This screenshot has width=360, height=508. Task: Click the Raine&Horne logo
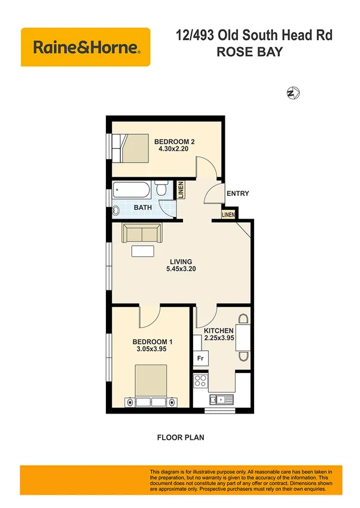tap(86, 47)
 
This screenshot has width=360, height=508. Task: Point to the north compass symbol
tap(293, 93)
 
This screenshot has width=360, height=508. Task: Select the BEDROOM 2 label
tap(175, 142)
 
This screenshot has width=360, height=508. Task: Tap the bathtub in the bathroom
tap(131, 191)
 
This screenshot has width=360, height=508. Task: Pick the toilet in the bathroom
tap(162, 191)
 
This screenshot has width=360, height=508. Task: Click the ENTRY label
tap(237, 194)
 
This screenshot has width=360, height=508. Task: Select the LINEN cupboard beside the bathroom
tap(180, 191)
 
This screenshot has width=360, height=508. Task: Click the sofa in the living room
tap(142, 233)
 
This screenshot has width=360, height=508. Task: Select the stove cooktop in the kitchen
tap(200, 380)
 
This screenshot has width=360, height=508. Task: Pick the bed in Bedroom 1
tap(150, 387)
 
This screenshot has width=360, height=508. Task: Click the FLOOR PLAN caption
tap(181, 437)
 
